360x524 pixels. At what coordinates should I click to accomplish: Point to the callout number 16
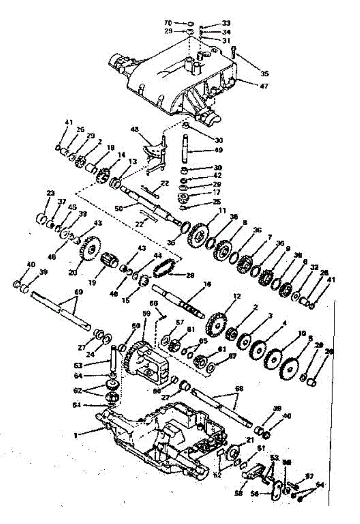[208, 284]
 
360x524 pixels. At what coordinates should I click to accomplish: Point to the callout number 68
[240, 388]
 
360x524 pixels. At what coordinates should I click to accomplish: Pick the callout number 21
[250, 440]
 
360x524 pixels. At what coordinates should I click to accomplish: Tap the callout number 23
[51, 193]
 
